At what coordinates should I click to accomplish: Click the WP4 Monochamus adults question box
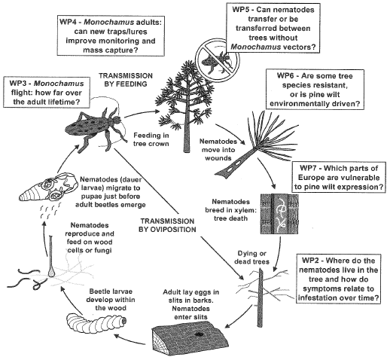[111, 36]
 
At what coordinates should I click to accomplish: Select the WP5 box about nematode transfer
[273, 28]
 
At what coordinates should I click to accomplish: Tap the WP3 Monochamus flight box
[47, 93]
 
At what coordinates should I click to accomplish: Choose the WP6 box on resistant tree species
[315, 90]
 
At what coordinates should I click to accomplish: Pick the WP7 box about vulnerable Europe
[339, 178]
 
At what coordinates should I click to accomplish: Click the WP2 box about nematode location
[338, 279]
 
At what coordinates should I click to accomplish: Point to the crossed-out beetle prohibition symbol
[218, 60]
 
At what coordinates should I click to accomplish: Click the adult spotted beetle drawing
[96, 128]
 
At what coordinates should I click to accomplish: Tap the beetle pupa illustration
[47, 188]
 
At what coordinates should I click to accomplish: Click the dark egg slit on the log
[200, 334]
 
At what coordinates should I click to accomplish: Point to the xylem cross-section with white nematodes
[279, 214]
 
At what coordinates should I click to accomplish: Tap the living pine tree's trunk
[186, 130]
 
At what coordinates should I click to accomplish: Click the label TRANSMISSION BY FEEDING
[126, 80]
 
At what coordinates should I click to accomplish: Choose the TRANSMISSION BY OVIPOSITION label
[167, 225]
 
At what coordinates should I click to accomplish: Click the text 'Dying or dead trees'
[251, 258]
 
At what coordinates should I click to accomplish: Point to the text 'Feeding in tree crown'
[151, 139]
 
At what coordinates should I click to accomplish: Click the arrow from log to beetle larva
[129, 340]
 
